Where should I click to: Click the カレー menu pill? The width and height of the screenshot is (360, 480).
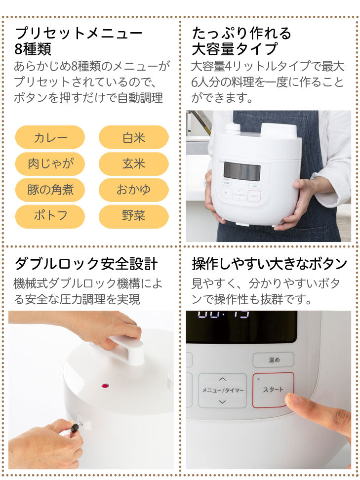click(x=50, y=137)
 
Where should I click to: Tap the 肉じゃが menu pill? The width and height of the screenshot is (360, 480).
click(x=50, y=164)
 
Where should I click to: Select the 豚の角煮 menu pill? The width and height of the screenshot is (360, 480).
click(x=50, y=190)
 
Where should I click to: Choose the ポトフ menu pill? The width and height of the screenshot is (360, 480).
click(x=50, y=216)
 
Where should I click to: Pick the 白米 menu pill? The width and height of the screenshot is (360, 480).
click(x=134, y=137)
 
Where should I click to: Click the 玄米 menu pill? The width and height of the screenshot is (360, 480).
click(x=134, y=164)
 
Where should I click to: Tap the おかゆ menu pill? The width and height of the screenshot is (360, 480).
click(x=134, y=190)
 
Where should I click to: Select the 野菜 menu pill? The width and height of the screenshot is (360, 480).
click(x=134, y=216)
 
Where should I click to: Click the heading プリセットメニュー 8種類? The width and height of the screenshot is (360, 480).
click(x=79, y=41)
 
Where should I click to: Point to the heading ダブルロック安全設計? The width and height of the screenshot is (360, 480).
click(x=86, y=264)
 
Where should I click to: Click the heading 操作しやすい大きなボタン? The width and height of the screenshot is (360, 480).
click(x=269, y=264)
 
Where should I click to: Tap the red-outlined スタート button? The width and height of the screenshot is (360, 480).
click(x=273, y=390)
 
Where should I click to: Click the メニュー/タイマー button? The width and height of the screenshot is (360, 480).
click(x=222, y=390)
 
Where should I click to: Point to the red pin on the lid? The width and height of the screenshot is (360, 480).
click(x=105, y=385)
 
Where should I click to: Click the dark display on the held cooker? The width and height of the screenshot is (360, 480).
click(x=241, y=171)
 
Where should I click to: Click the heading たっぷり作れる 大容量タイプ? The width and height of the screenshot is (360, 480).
click(x=241, y=41)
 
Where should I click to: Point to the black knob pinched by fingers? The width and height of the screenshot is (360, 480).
click(x=75, y=428)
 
